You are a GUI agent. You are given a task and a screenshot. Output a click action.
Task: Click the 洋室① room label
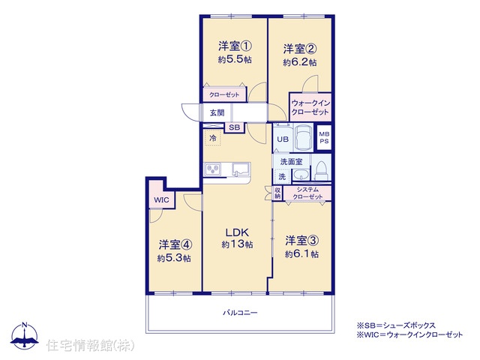point(235,46)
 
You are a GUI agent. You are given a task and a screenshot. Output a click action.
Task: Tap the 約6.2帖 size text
point(300,62)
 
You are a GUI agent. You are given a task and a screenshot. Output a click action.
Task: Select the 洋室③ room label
point(301,240)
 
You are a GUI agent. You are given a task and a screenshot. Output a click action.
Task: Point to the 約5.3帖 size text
point(174,258)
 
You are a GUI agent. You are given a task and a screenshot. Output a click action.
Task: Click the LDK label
point(237,232)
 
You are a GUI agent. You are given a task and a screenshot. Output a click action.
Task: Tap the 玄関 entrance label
point(217,112)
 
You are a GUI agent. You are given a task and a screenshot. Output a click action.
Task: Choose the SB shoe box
point(235,127)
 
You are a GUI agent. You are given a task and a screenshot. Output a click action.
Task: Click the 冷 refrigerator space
point(212,138)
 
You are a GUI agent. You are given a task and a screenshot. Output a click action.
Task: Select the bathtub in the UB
point(303,137)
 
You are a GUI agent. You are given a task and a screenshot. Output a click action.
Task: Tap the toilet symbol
point(321,171)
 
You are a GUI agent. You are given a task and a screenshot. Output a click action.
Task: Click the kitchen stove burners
point(212,169)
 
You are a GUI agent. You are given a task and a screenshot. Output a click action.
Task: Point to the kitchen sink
point(241,169)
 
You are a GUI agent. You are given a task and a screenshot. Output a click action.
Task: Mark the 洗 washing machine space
point(282,177)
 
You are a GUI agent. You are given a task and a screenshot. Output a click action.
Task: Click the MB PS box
point(324,137)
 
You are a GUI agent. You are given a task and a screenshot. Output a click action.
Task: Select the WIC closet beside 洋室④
point(161,200)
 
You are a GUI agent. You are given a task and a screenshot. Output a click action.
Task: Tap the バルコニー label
point(240,313)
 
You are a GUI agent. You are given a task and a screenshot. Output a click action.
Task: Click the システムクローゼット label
point(307,193)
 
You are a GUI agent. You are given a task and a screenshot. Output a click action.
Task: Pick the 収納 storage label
point(277,193)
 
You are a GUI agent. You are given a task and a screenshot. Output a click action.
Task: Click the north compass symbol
point(25,335)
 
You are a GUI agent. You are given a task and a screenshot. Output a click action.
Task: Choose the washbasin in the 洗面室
point(301,175)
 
